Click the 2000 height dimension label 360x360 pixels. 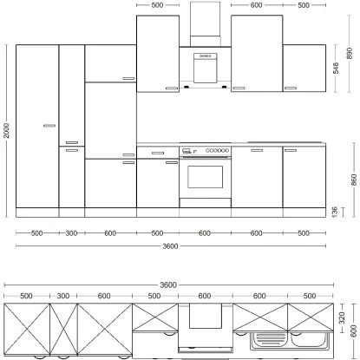click(6, 130)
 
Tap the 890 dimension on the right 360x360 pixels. click(349, 52)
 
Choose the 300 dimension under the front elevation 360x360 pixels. click(71, 232)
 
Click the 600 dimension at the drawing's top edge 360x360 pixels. click(257, 5)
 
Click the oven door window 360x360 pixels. click(205, 177)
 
